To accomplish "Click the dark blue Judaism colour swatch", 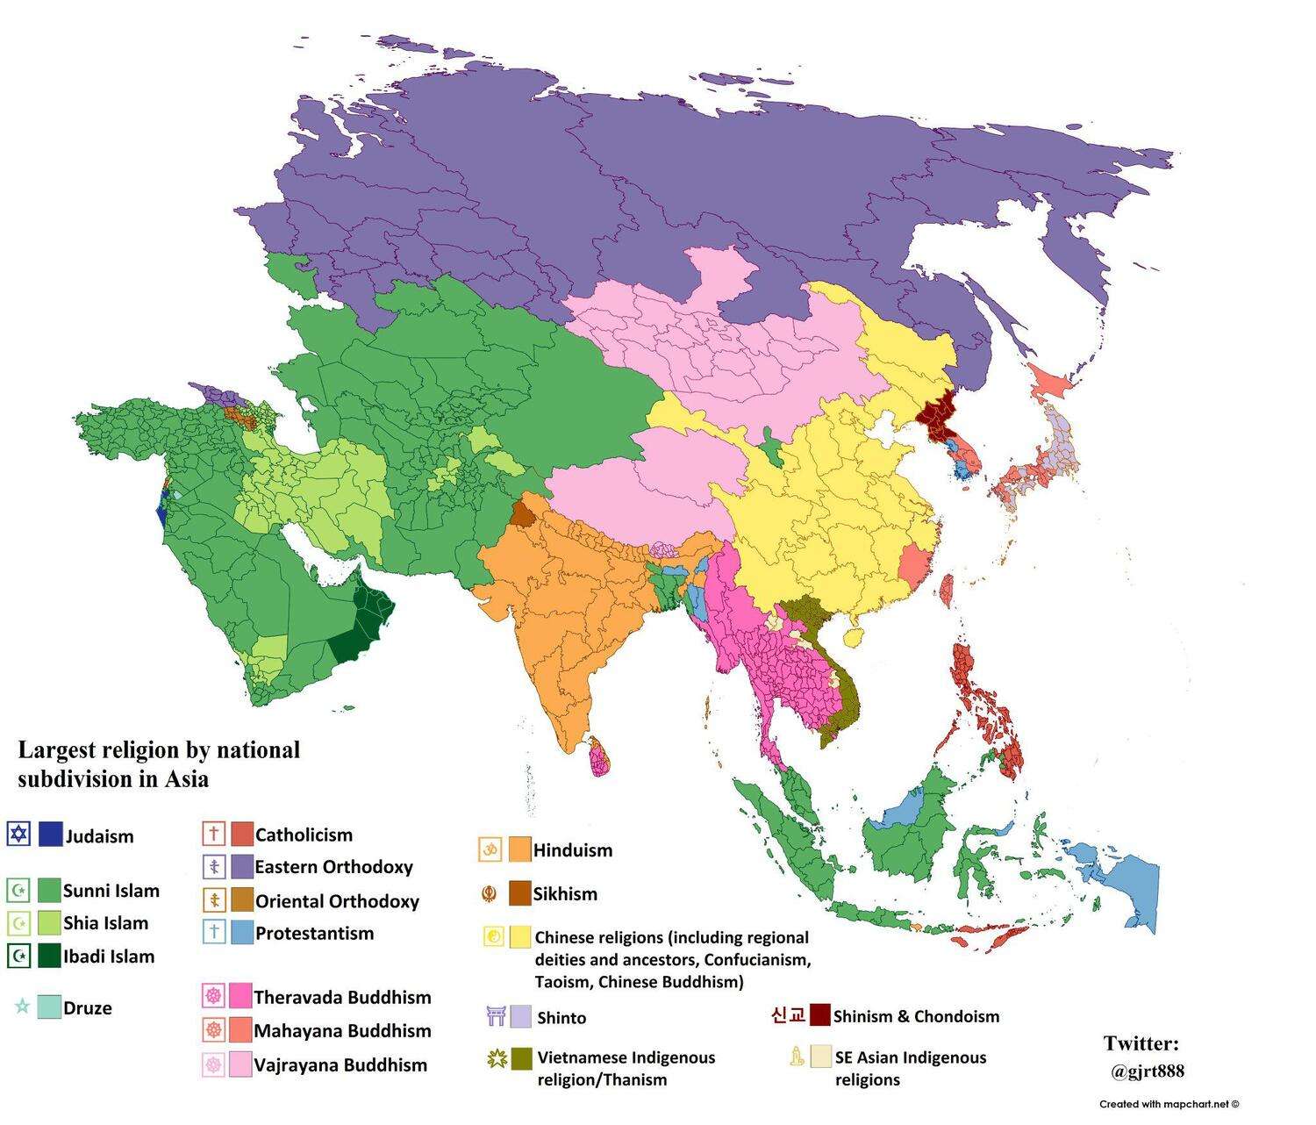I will click(50, 835).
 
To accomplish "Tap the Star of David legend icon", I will click(18, 834).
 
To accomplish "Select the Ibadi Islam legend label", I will click(108, 957).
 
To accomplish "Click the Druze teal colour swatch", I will click(50, 1007).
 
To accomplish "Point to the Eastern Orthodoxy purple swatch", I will click(241, 867).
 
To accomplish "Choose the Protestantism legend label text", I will click(314, 934).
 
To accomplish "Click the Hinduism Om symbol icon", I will click(490, 849).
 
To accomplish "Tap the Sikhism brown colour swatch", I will click(520, 893).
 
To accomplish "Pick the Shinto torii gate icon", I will click(497, 1017).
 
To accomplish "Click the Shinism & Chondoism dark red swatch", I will click(819, 1015).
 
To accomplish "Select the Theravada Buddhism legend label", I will click(342, 998).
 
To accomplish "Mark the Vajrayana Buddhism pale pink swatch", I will click(240, 1064).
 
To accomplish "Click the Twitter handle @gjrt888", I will click(1147, 1071).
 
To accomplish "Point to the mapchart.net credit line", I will click(1169, 1105).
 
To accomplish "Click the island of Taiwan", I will click(947, 591).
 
